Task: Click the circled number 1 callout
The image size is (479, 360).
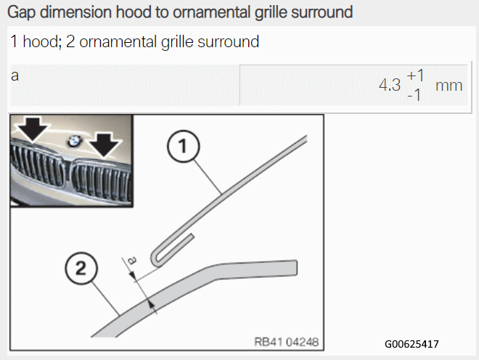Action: click(x=184, y=146)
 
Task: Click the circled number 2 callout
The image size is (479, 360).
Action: click(x=81, y=269)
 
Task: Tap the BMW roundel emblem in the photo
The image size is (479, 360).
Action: click(x=74, y=142)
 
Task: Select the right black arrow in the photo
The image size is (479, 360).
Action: click(x=105, y=145)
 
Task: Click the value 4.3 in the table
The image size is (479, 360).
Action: click(x=390, y=85)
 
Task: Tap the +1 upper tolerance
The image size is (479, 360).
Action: click(x=415, y=75)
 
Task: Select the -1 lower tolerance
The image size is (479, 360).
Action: click(x=414, y=95)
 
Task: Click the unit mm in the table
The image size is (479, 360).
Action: click(x=449, y=86)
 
